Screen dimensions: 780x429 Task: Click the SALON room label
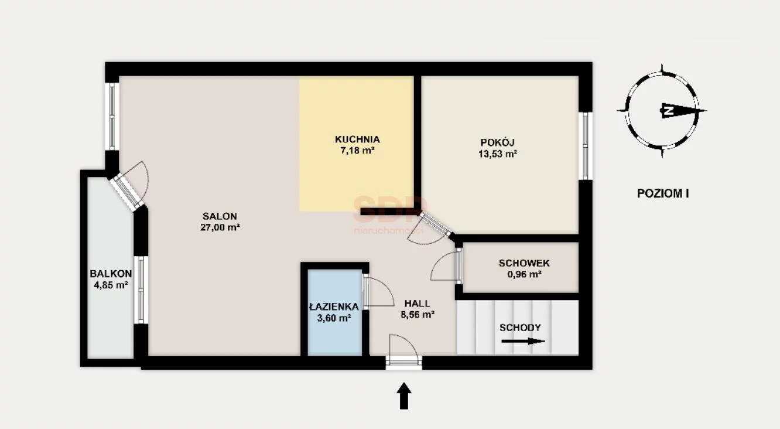pos(220,216)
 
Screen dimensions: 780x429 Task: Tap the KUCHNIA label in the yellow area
pos(357,139)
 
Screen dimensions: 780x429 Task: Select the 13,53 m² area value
pos(498,154)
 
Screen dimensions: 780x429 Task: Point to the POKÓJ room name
pos(497,142)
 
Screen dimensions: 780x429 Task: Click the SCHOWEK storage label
pos(524,263)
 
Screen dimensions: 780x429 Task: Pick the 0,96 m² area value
pos(524,274)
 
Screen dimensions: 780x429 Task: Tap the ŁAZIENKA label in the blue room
pos(334,307)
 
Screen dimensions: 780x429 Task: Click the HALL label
pos(417,304)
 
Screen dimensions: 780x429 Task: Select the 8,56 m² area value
pos(417,315)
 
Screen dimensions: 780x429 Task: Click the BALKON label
pos(111,274)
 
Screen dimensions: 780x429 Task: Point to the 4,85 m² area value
pos(111,285)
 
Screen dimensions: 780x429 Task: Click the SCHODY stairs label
pos(520,328)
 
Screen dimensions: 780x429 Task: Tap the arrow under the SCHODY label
pos(523,341)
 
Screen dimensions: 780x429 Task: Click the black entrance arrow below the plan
pos(404,396)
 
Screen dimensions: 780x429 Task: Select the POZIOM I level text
pos(663,193)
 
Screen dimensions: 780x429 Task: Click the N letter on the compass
pos(668,111)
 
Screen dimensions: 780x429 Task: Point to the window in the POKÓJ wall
pos(586,146)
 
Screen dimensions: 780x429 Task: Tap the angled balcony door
pos(127,192)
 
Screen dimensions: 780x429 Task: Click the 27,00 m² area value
pos(220,227)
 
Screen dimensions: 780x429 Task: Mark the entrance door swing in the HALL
pos(403,345)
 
